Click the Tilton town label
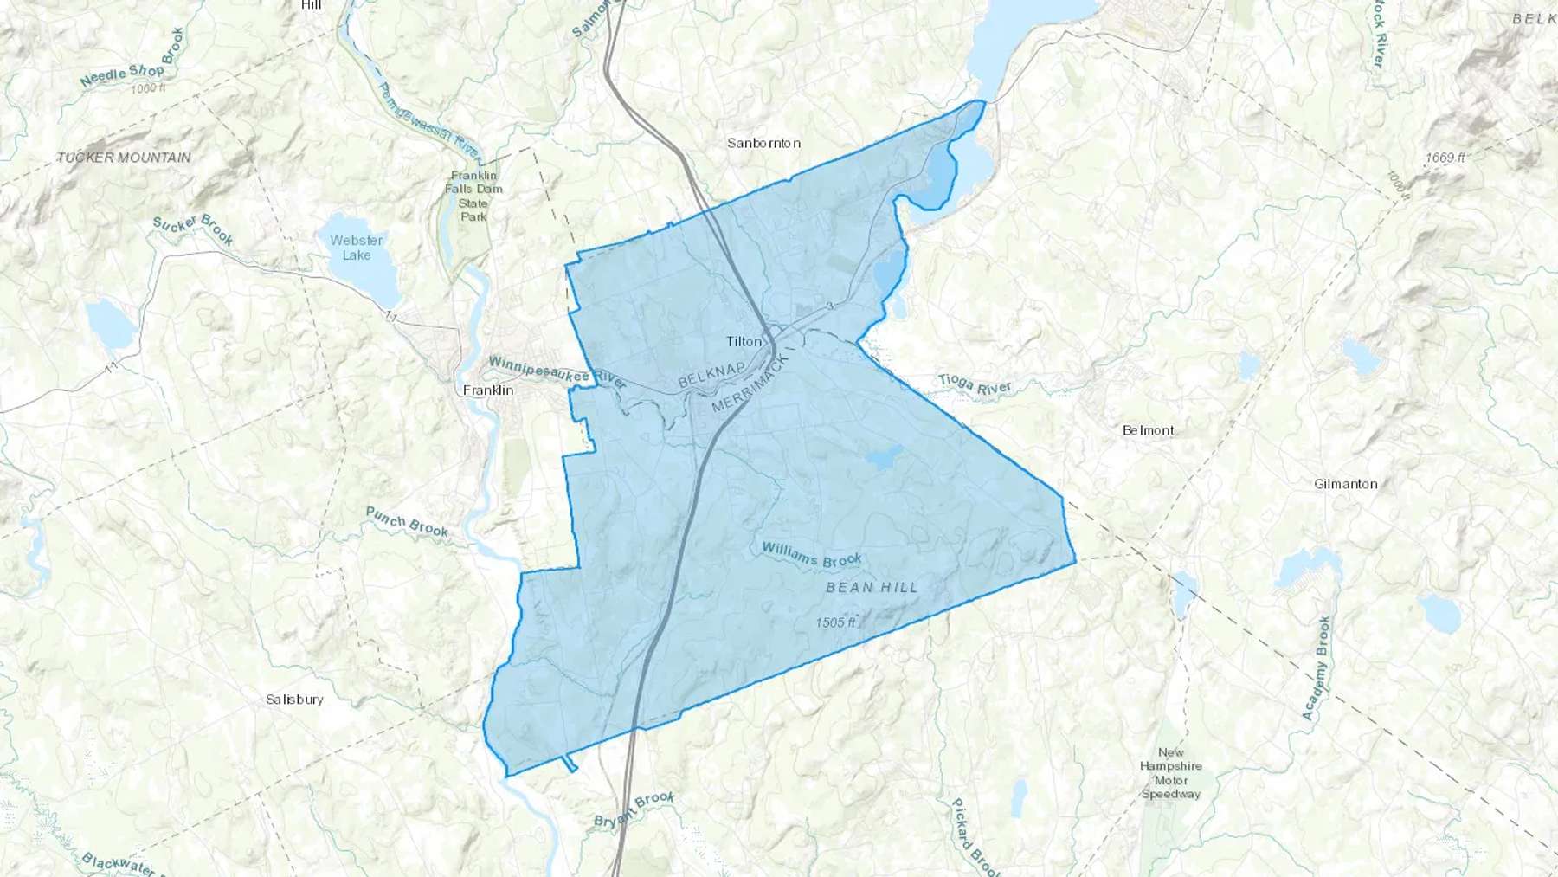[744, 341]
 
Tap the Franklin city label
[488, 390]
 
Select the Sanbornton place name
[763, 143]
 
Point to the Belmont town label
[1148, 430]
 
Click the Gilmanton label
[1345, 484]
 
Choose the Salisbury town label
[294, 700]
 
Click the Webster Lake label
[357, 248]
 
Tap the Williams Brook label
[811, 555]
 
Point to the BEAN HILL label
[872, 587]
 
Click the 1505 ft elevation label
[835, 622]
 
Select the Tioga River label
[975, 384]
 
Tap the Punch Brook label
[407, 521]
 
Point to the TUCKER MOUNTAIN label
[124, 158]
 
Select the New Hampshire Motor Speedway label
[1171, 773]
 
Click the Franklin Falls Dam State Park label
[473, 196]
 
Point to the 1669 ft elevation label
[1445, 158]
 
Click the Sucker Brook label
[193, 229]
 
